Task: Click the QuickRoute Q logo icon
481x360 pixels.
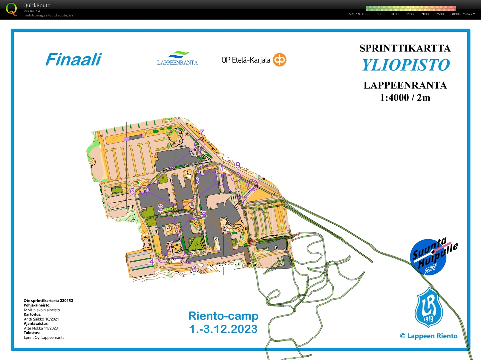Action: [11, 9]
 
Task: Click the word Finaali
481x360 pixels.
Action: [73, 59]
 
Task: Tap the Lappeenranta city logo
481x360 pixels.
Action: [177, 58]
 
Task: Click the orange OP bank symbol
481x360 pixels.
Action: [280, 60]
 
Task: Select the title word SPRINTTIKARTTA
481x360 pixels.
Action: [405, 48]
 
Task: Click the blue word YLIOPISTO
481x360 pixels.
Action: [406, 65]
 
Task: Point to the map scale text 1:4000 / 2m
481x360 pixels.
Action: [405, 97]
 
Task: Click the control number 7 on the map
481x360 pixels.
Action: [202, 132]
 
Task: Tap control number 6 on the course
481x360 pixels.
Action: [132, 191]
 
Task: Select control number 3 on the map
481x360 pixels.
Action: [194, 269]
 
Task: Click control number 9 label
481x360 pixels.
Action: [238, 165]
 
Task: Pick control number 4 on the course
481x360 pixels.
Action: [152, 262]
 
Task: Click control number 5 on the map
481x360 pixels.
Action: [204, 215]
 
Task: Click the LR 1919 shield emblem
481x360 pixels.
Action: [429, 308]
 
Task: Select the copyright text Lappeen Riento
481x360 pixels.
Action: [429, 336]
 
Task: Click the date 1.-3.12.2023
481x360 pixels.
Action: [223, 329]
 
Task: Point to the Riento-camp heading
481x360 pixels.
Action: [223, 316]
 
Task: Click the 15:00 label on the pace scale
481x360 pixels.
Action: [410, 14]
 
